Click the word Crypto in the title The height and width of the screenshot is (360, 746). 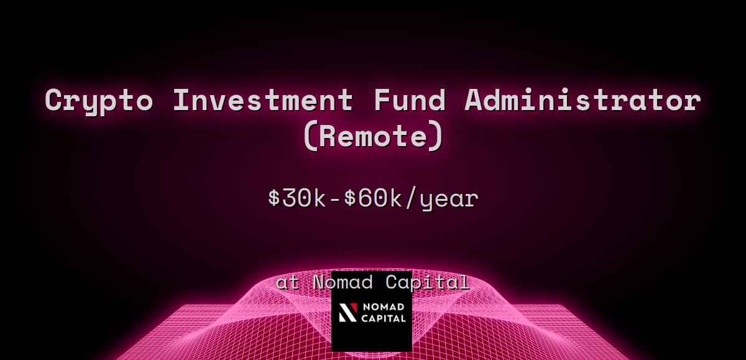tap(98, 101)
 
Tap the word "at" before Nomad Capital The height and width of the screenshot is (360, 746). tap(288, 283)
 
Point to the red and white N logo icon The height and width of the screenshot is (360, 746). tap(349, 313)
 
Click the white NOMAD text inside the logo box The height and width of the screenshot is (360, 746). tap(384, 308)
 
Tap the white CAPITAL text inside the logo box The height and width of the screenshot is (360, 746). tap(384, 318)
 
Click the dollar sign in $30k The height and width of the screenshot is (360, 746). tap(274, 198)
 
